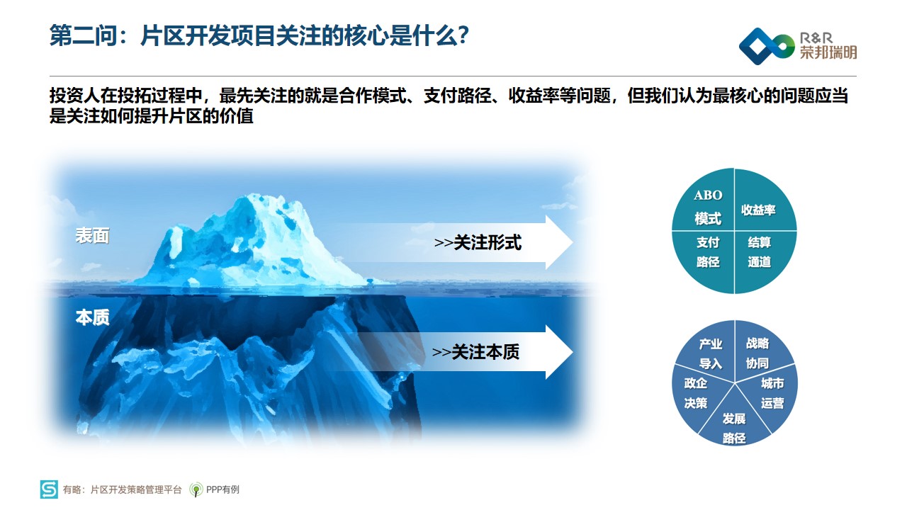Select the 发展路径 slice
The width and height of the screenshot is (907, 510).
(734, 423)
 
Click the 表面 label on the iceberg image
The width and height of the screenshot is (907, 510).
(92, 236)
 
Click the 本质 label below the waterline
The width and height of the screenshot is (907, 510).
(92, 317)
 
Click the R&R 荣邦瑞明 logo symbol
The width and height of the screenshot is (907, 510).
(767, 46)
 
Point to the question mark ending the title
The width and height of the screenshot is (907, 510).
(463, 35)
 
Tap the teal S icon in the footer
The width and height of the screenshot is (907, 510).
(49, 489)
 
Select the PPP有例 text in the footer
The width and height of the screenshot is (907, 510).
(222, 489)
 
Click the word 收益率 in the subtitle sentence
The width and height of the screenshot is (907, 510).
(534, 96)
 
